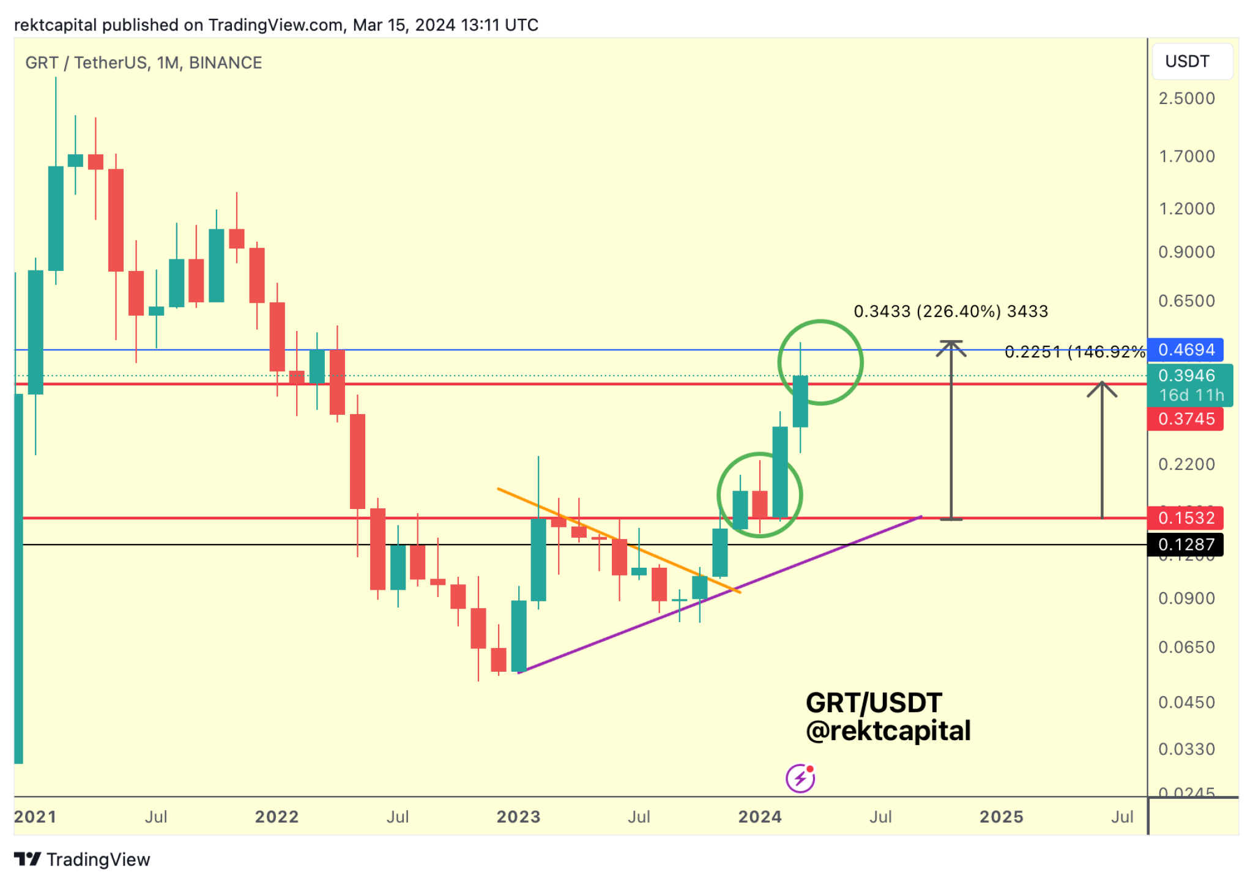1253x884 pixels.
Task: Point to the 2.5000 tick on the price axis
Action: tap(1186, 98)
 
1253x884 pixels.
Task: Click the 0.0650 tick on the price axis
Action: tap(1186, 647)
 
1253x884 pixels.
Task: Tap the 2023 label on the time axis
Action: tap(518, 817)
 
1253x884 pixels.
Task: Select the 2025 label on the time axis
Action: tap(1001, 817)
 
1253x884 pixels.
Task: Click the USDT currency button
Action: tap(1191, 62)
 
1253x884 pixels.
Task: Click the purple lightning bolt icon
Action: tap(800, 779)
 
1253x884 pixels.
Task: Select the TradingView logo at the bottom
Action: tap(82, 860)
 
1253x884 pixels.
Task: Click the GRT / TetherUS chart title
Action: tap(144, 62)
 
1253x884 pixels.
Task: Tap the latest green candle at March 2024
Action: tap(800, 401)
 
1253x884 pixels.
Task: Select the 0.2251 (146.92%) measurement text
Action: tap(1074, 352)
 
